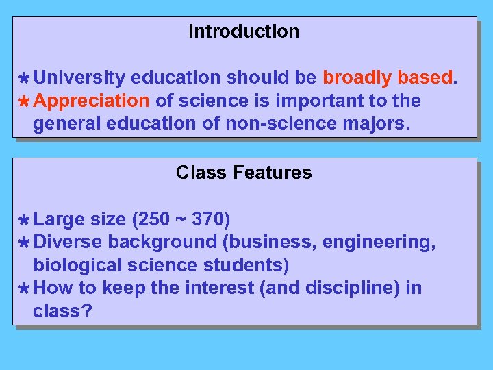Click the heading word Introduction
(244, 32)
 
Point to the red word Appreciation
(91, 101)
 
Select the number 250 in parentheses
(152, 219)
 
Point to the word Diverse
(68, 242)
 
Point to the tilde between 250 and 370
(181, 219)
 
